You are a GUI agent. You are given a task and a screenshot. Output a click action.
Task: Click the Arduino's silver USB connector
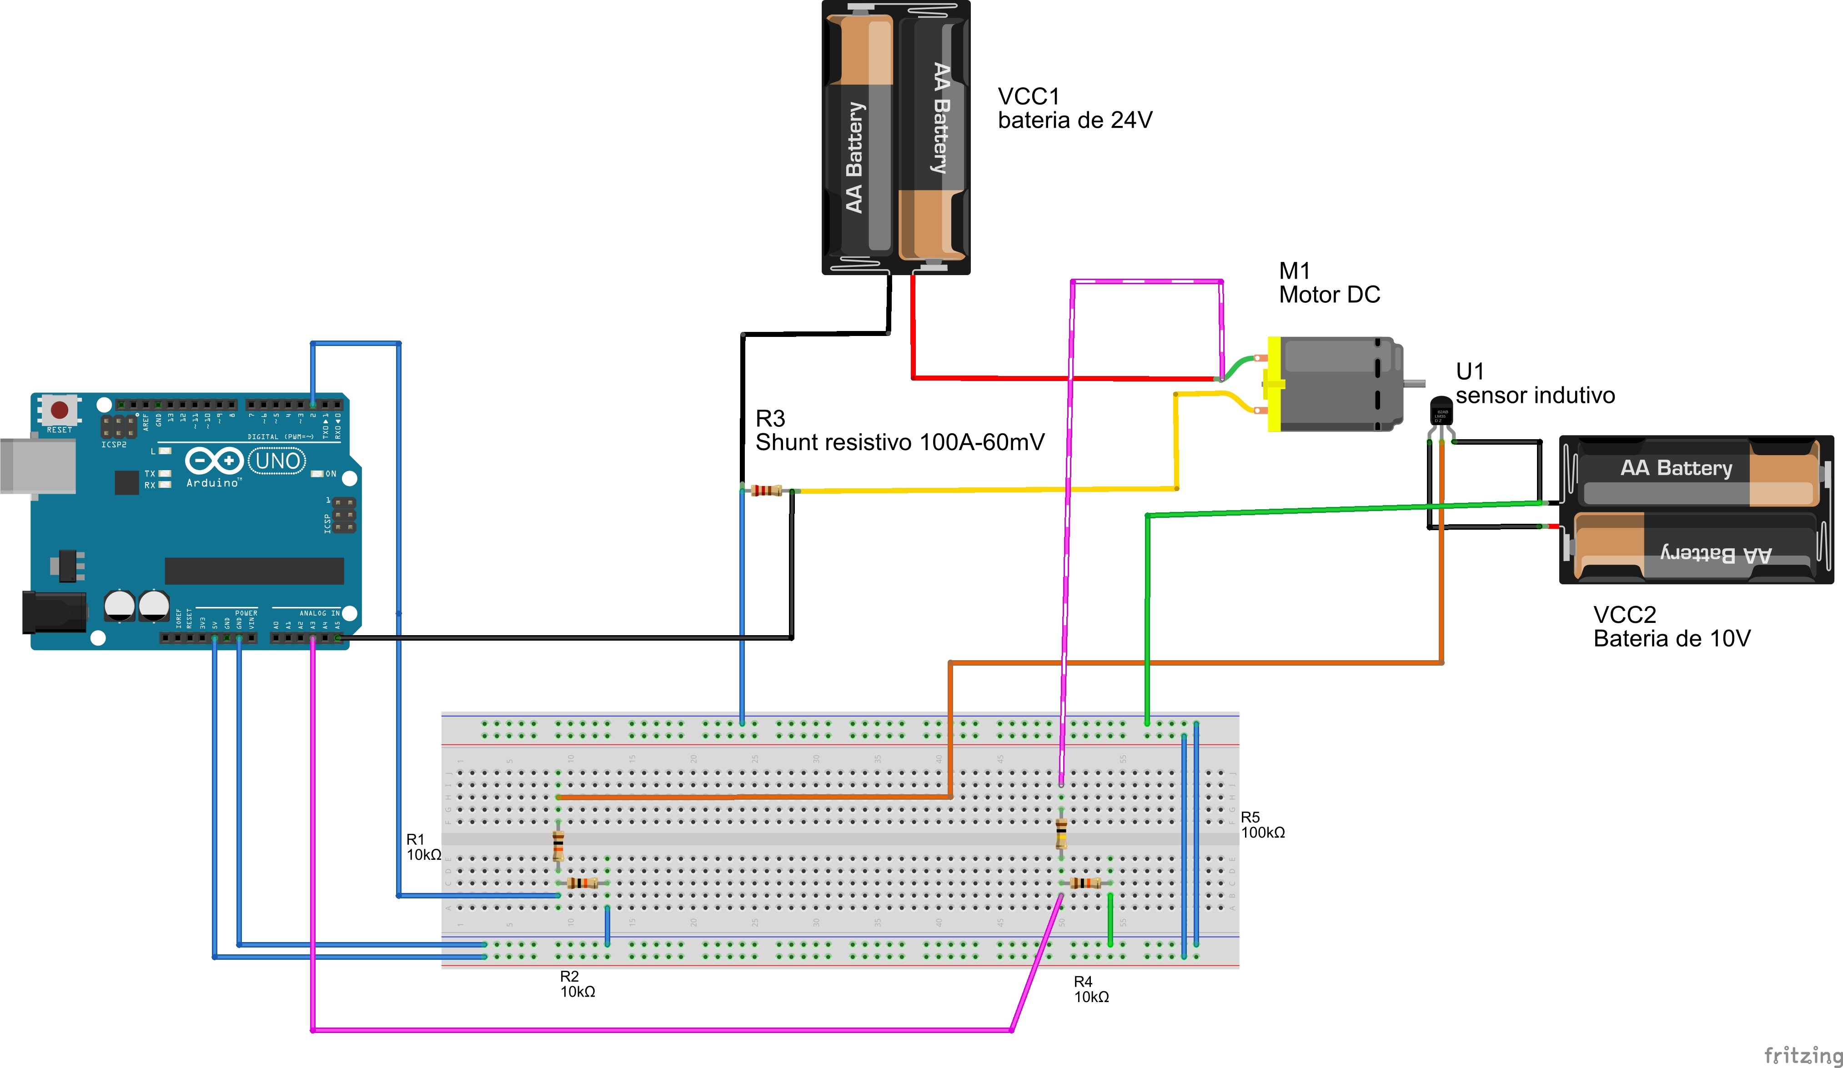[x=36, y=466]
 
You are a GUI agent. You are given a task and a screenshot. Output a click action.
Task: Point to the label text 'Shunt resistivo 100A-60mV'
[x=899, y=442]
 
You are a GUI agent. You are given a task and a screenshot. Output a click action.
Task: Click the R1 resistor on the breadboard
[x=558, y=846]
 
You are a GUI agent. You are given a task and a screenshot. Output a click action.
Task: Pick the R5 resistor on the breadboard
[x=1061, y=833]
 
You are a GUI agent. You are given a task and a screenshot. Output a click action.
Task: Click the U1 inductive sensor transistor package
[x=1441, y=411]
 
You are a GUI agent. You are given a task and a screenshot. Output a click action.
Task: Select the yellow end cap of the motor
[x=1274, y=384]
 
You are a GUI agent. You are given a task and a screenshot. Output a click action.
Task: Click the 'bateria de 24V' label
[x=1075, y=120]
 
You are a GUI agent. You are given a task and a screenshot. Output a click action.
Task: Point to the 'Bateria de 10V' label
[x=1672, y=639]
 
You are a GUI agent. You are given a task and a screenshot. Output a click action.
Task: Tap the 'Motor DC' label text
[x=1329, y=295]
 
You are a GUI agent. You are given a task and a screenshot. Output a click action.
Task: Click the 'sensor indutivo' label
[x=1535, y=396]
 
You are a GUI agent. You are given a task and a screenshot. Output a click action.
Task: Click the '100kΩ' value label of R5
[x=1263, y=832]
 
